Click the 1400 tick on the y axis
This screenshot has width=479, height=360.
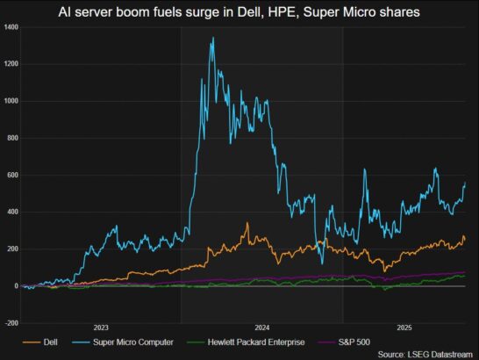(11, 27)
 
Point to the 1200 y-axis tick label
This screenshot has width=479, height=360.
(11, 64)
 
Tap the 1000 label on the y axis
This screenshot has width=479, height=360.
(11, 101)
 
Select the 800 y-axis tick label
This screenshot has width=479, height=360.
(12, 138)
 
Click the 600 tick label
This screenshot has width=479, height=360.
(12, 175)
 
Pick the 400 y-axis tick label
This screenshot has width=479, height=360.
(12, 212)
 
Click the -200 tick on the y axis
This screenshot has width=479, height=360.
(11, 322)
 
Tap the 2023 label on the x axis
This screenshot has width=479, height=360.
(101, 327)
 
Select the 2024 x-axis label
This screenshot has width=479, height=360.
(261, 327)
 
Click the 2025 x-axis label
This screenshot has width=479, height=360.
(404, 327)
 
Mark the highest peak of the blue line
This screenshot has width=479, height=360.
(212, 38)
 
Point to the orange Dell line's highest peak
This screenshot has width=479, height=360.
(247, 223)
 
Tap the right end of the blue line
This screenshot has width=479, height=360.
(465, 183)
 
